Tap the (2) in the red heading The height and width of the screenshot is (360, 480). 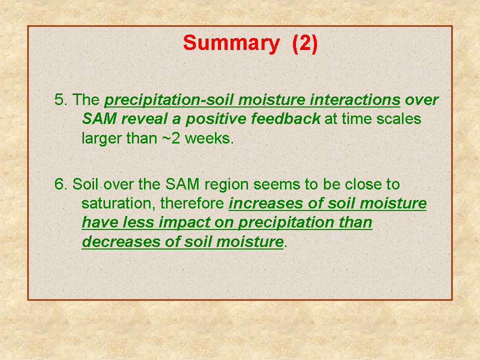(x=305, y=43)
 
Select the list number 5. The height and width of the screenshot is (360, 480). (x=61, y=100)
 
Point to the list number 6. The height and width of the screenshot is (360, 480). (x=61, y=184)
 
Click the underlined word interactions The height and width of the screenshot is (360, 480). (x=355, y=100)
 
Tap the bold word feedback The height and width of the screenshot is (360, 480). (x=285, y=119)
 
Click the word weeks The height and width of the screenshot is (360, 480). (x=209, y=138)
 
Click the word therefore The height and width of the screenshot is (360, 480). (x=192, y=203)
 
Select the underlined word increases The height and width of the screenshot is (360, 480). (x=265, y=203)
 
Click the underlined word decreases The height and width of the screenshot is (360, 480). (x=121, y=242)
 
